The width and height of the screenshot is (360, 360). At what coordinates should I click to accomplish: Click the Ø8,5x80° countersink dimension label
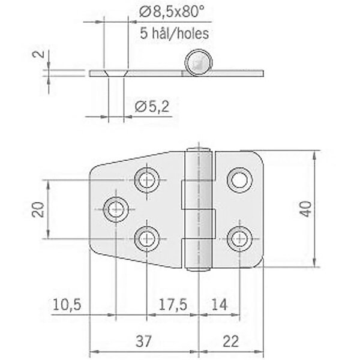coord(172,12)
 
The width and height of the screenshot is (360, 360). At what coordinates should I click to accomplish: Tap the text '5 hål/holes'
coord(175,34)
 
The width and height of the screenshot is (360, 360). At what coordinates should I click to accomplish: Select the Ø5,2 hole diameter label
coord(152,106)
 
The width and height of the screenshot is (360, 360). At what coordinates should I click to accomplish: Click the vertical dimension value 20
coord(38,209)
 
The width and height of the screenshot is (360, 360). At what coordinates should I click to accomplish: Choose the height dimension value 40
coord(306,209)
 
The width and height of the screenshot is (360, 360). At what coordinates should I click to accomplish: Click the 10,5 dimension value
coord(67,305)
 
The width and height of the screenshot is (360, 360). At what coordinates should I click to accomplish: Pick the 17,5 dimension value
coord(173,305)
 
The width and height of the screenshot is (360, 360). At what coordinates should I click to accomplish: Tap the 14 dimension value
coord(219,305)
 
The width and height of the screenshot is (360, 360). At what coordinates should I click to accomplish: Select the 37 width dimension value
coord(144,341)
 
